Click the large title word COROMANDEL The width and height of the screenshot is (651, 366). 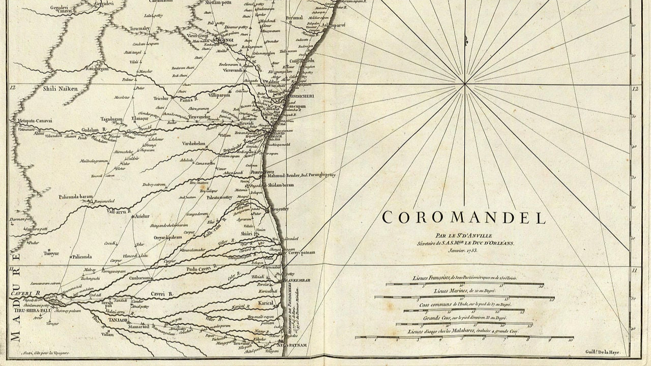pos(464,218)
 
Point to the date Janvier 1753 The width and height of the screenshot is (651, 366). pos(464,250)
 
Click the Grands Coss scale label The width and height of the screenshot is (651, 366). pos(464,318)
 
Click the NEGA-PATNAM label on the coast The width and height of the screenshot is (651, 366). pos(294,346)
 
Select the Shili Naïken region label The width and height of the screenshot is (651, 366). pos(61,89)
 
